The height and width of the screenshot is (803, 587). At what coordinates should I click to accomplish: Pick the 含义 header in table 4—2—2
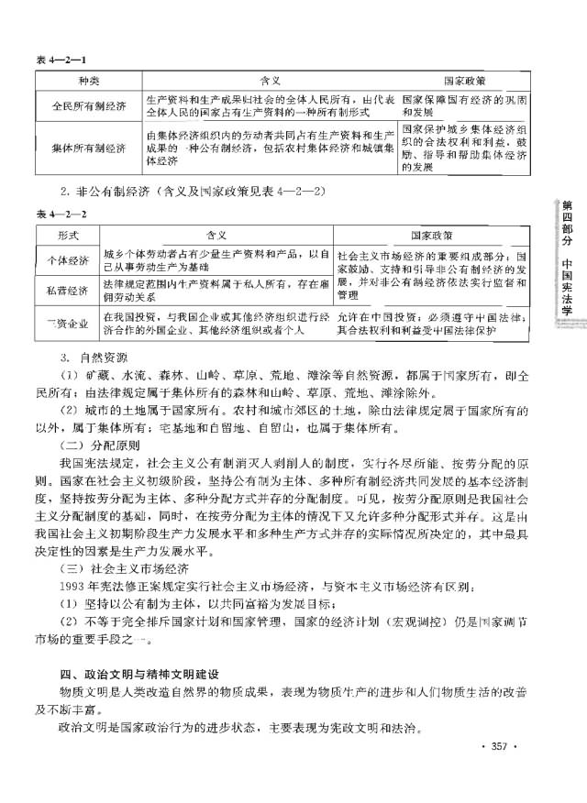click(x=216, y=234)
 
